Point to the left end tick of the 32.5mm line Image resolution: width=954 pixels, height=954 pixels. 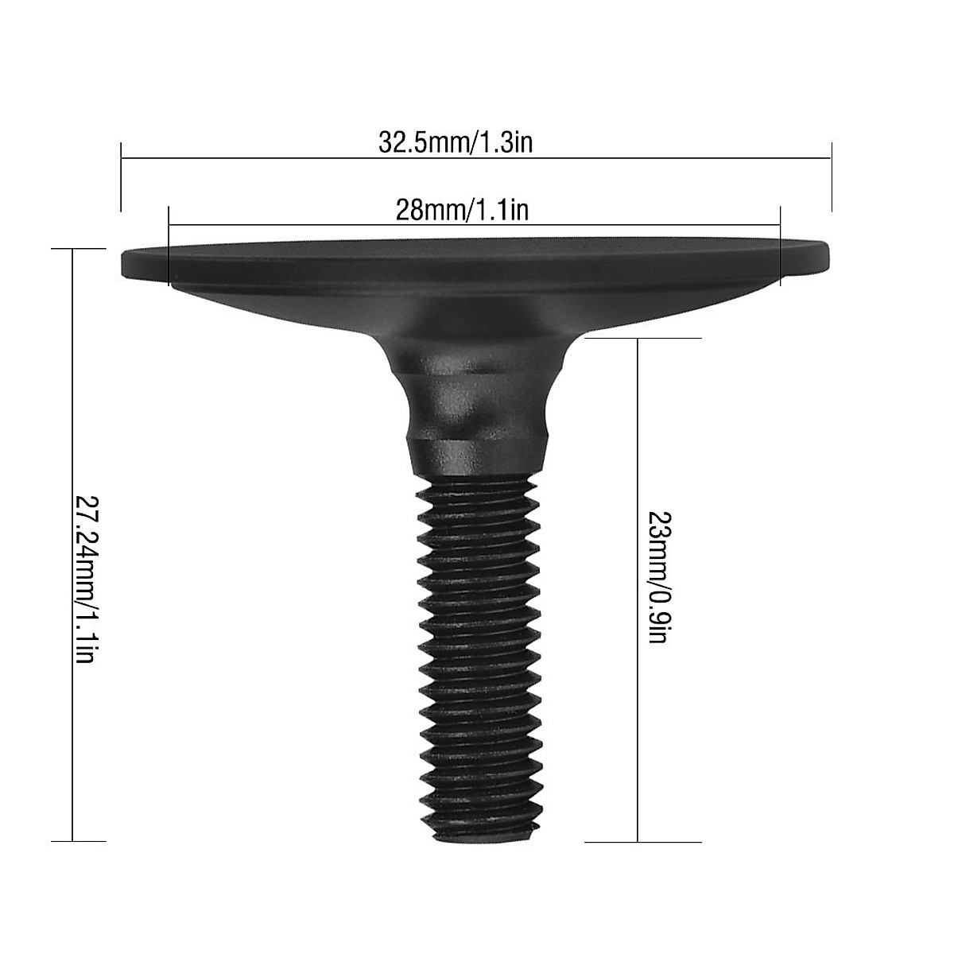[121, 176]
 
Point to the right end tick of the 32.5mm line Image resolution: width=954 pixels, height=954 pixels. [831, 176]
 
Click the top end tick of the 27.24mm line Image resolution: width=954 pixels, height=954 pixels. [78, 249]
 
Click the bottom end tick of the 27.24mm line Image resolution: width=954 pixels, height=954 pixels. [78, 840]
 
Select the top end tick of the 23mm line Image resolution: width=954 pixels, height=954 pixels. [642, 339]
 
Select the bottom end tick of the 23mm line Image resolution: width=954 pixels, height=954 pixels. [642, 842]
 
